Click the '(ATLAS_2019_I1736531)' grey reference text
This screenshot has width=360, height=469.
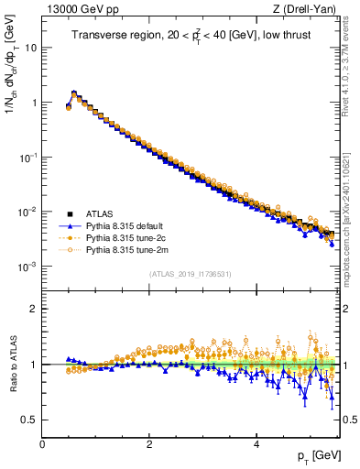click(x=191, y=274)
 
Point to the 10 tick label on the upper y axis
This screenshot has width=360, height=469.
click(x=31, y=48)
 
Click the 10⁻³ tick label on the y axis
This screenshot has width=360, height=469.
click(x=28, y=267)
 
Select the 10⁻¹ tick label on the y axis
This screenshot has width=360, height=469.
click(x=28, y=157)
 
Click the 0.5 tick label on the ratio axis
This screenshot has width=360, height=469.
click(x=29, y=420)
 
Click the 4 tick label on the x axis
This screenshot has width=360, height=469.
click(x=256, y=444)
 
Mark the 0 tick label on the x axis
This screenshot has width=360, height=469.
click(x=42, y=444)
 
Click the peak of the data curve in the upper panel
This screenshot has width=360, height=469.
click(x=74, y=93)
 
